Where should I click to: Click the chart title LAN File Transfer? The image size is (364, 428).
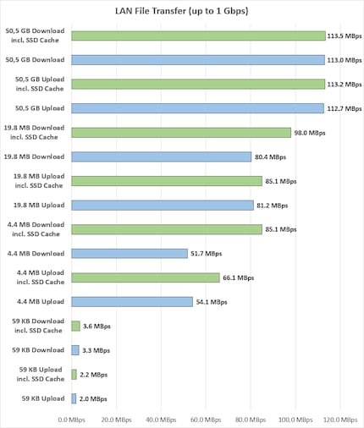182,11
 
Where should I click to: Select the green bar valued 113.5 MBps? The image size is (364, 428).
198,36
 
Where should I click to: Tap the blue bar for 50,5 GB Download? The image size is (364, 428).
198,60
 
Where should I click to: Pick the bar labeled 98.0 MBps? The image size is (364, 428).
181,133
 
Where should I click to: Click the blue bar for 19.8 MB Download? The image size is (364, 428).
162,156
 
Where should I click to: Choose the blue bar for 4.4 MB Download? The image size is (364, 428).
130,253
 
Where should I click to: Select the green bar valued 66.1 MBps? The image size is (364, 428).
146,277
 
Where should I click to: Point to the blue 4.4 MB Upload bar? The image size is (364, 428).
132,301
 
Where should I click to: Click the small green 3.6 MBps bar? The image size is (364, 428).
75,326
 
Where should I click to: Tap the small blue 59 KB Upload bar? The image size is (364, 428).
74,398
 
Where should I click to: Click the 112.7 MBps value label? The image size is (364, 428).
344,108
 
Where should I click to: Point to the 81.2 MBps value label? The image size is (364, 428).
272,205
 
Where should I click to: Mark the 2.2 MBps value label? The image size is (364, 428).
94,374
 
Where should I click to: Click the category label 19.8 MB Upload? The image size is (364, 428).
39,205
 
